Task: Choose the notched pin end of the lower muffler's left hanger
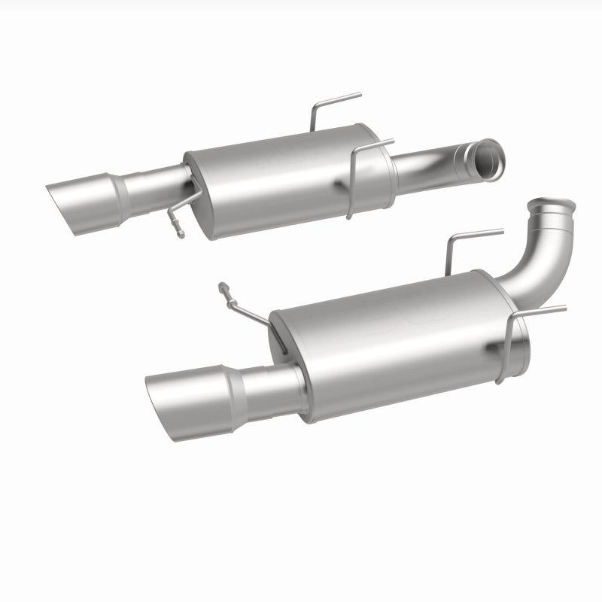pos(223,289)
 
